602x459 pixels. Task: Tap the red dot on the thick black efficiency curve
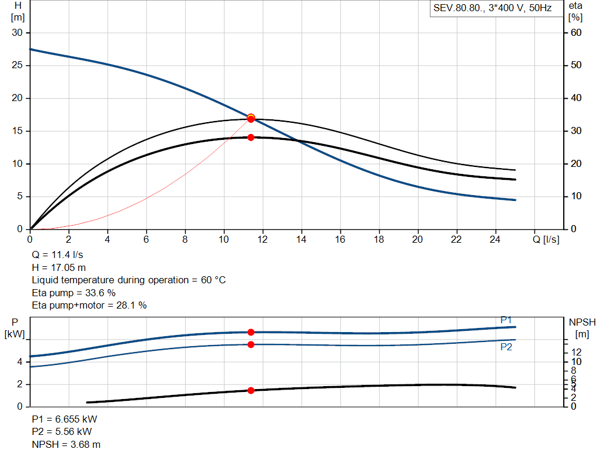250,138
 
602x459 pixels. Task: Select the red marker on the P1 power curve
250,332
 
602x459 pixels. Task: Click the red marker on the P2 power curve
250,344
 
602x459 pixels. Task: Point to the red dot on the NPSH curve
250,390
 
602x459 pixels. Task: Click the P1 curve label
506,320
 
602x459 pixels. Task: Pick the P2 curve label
506,347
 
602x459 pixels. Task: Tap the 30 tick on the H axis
17,33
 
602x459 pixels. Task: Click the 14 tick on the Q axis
302,239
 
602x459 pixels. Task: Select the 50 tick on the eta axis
576,65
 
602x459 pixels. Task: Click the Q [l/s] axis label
546,239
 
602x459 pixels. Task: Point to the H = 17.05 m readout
59,267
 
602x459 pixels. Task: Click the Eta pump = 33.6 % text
73,293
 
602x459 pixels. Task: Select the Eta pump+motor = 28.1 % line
89,306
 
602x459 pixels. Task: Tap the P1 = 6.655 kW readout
65,419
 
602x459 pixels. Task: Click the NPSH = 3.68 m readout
66,444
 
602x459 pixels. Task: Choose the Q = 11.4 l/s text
57,255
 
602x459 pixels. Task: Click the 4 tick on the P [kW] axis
20,362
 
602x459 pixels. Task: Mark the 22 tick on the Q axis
456,239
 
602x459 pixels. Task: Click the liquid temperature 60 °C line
129,280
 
